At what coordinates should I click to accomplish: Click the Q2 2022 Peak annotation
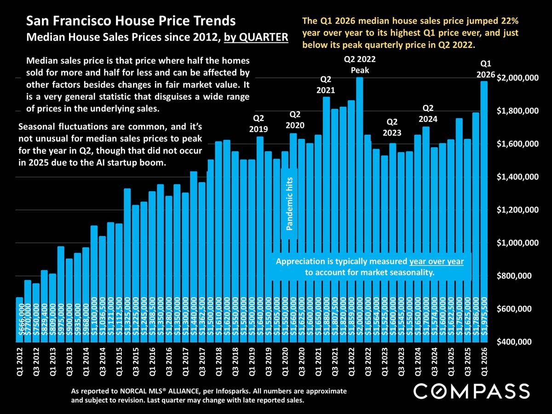tap(360, 65)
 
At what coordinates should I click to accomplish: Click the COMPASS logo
tap(471, 391)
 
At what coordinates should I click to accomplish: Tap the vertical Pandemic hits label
tap(289, 205)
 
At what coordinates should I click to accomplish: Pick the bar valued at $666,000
tap(19, 320)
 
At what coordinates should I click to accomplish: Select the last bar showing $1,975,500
tap(483, 212)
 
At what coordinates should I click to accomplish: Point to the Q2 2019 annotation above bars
tap(259, 124)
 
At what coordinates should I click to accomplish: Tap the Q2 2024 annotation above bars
tap(428, 113)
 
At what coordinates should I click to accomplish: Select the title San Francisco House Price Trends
tap(131, 21)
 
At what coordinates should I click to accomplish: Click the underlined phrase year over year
tap(436, 262)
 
